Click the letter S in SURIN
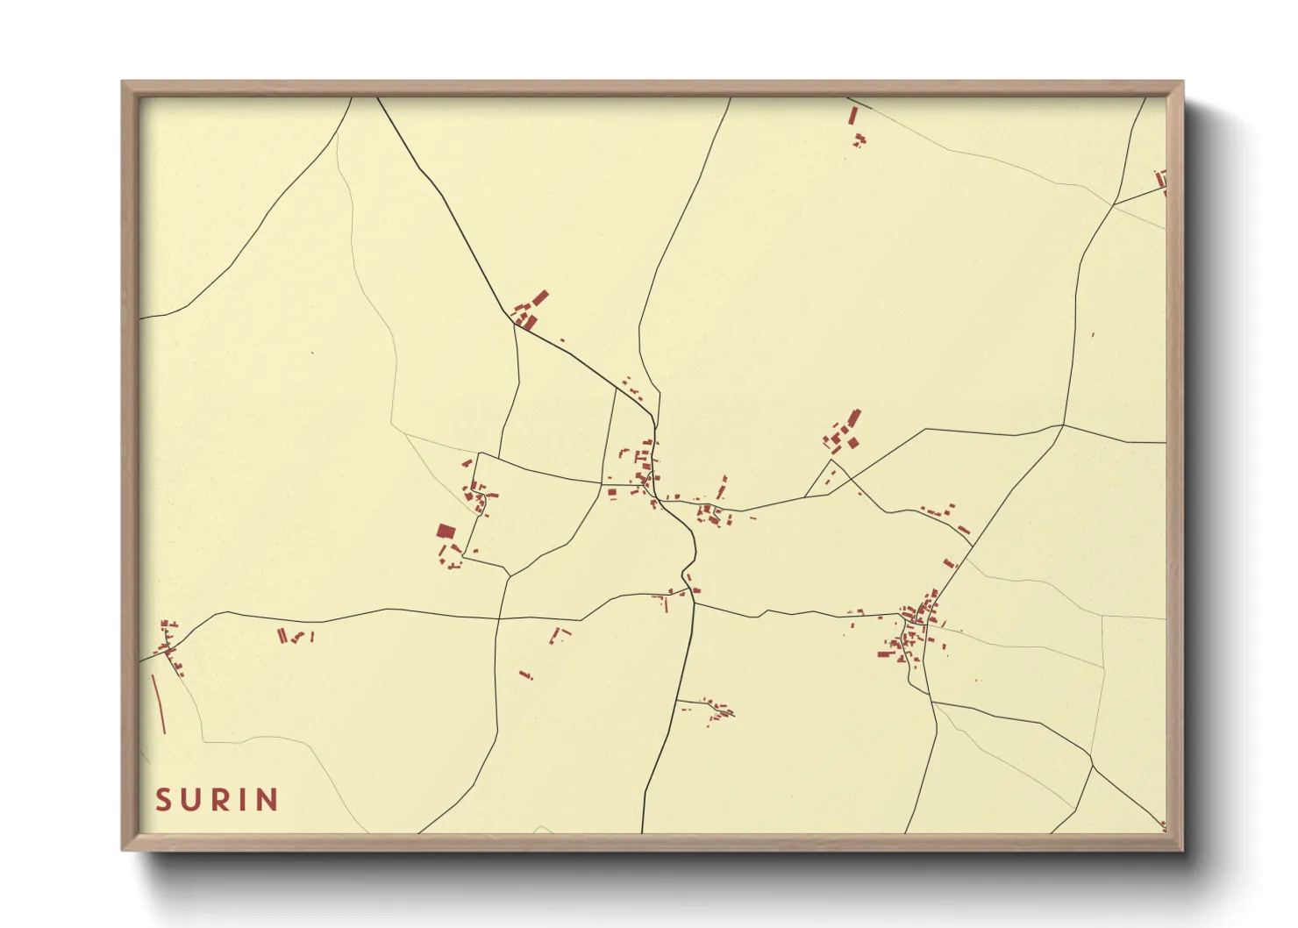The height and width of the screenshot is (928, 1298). [163, 800]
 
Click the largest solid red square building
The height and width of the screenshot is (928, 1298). [446, 531]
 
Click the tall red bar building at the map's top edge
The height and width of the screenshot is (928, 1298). [852, 116]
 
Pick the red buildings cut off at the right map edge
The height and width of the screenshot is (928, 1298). [1162, 180]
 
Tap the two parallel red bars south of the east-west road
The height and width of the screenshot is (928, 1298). [282, 636]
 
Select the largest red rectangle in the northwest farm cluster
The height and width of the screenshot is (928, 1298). [540, 297]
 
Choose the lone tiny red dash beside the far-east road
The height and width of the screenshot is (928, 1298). [1094, 334]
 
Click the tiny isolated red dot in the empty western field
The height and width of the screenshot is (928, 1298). [311, 353]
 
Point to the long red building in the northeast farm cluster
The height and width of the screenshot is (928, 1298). [853, 418]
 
